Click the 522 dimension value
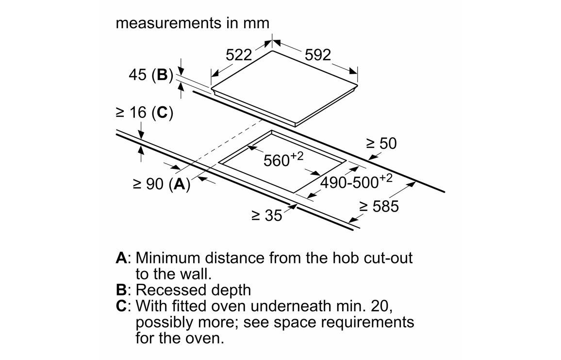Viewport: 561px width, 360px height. pos(239,55)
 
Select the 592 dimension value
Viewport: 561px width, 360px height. pos(318,55)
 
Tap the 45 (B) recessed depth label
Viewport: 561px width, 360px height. pos(151,75)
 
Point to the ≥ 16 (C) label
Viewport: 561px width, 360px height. pos(144,113)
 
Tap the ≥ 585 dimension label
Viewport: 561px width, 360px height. pos(379,206)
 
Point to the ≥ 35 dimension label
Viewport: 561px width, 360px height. pos(266,215)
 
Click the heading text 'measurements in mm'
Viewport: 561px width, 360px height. pos(192,23)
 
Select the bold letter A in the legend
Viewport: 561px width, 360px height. pos(121,257)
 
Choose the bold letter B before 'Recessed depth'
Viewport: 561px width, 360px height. pos(121,290)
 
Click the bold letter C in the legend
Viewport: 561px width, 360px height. pos(121,306)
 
